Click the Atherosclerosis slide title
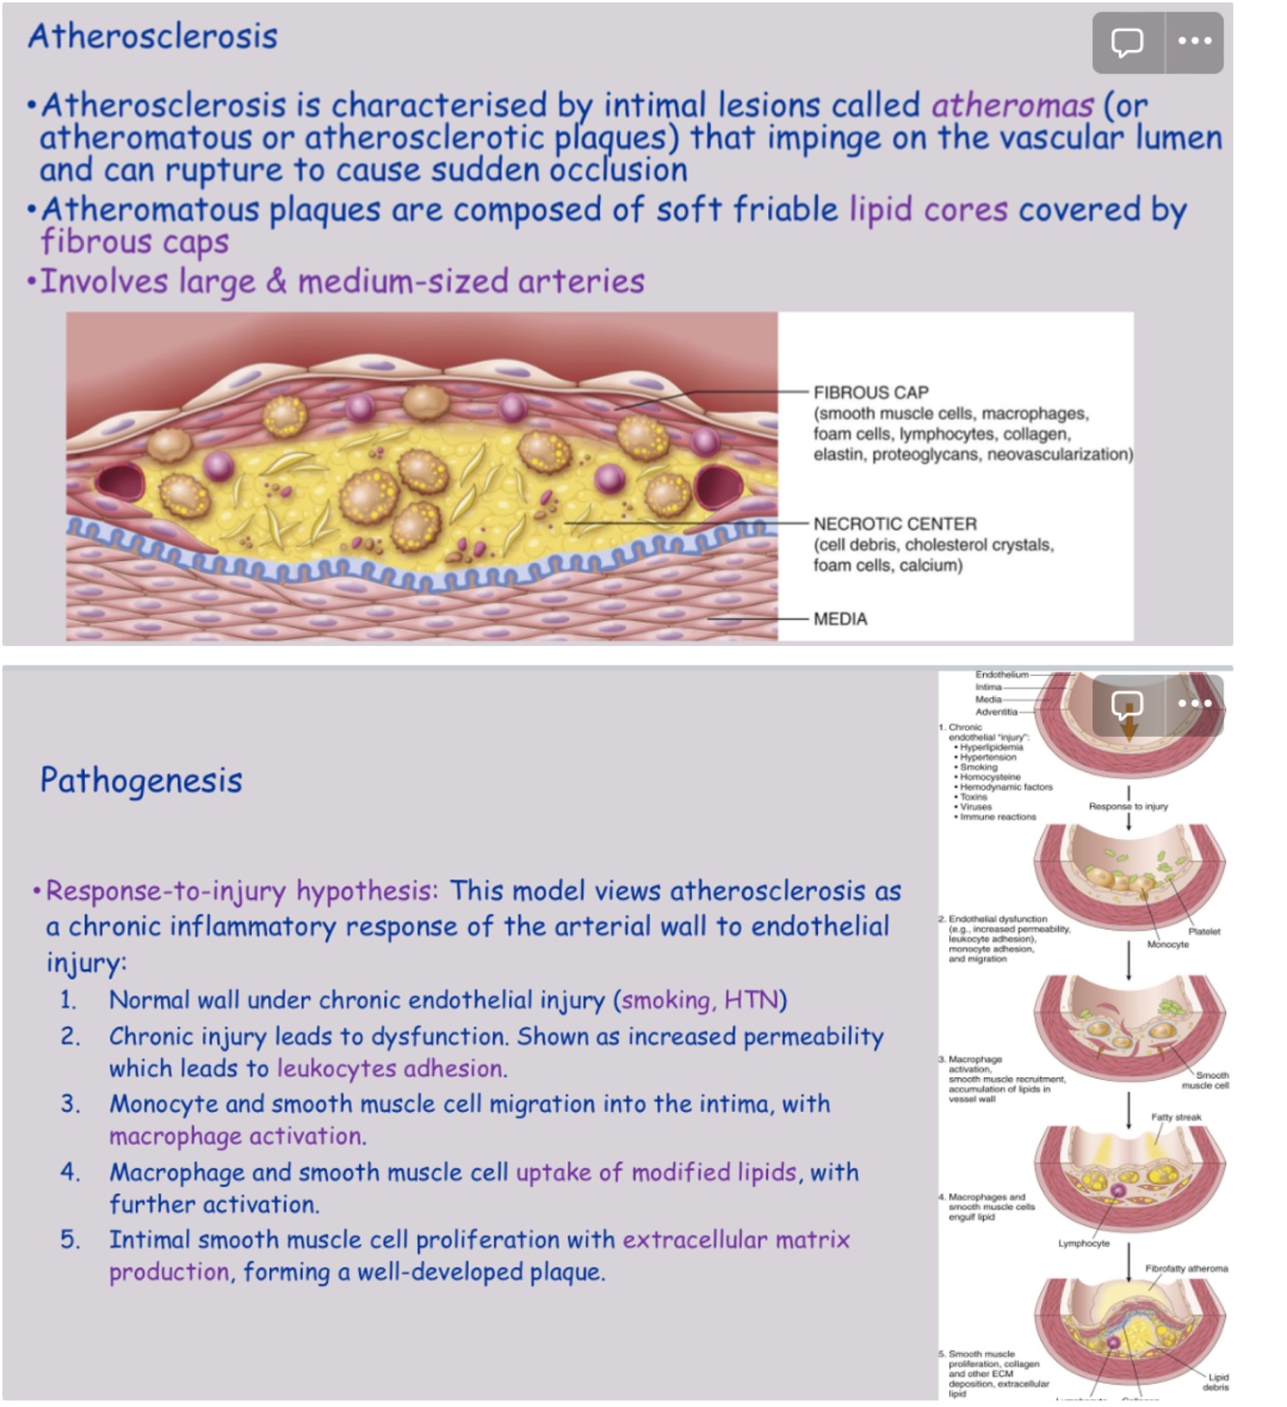click(152, 37)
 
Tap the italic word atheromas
click(1012, 104)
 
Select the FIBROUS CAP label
click(870, 392)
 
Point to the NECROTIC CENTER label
click(894, 524)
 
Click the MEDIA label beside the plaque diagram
click(839, 619)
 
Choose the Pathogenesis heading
click(141, 780)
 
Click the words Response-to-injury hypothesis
click(241, 890)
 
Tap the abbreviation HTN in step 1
click(751, 1000)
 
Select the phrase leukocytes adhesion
click(391, 1069)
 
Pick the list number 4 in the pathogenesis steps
click(69, 1173)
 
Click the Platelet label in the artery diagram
click(1204, 932)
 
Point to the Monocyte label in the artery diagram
click(1167, 944)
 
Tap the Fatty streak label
click(1176, 1117)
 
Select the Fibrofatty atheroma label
click(1187, 1268)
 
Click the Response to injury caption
click(1128, 806)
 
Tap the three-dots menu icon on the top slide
click(1194, 41)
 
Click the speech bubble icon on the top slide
click(1127, 41)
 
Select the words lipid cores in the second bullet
click(928, 209)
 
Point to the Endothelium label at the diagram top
click(1001, 674)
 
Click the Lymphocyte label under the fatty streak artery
click(1083, 1243)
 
